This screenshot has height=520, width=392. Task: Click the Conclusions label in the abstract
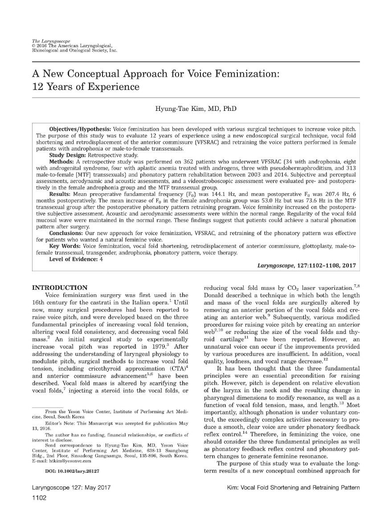click(67, 233)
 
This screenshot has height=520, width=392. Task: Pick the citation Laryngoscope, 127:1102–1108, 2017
click(306, 265)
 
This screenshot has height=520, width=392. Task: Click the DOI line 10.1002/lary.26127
click(72, 470)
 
